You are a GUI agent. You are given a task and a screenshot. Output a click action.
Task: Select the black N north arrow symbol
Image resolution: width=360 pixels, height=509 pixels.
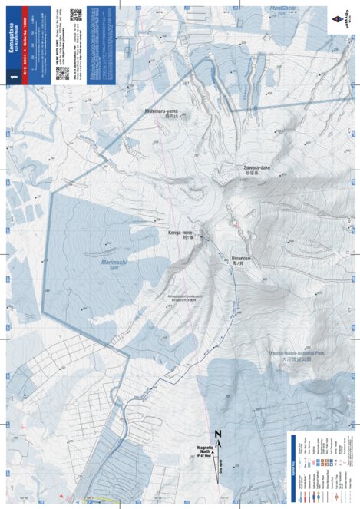218,434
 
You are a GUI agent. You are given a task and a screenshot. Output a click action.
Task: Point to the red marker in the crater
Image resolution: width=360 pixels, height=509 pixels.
234,223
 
